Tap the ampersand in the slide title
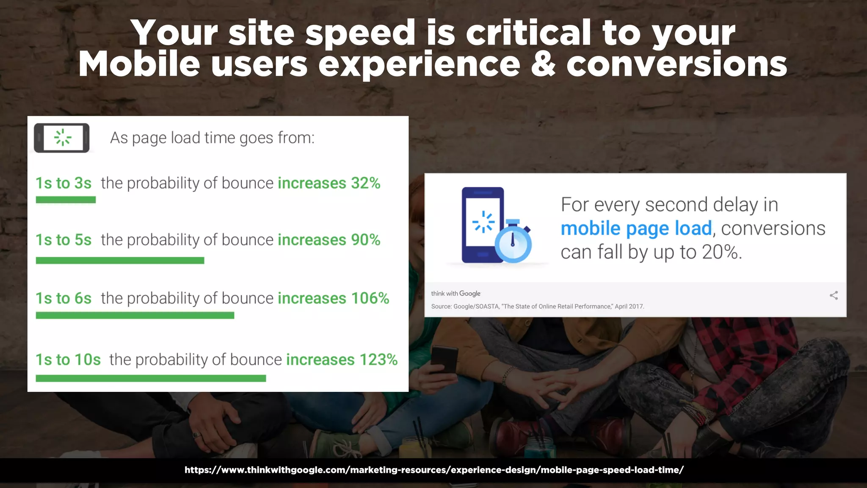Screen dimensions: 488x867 (543, 64)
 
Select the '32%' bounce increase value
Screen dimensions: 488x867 (366, 183)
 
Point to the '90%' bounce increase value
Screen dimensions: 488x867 (366, 240)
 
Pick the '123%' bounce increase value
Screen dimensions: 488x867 (378, 360)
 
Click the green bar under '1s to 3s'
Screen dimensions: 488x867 (66, 200)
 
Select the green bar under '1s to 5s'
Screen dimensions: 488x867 (120, 261)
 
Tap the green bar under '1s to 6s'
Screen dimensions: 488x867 (135, 316)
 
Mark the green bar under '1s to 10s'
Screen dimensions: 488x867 (151, 378)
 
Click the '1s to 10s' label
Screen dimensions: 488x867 (68, 360)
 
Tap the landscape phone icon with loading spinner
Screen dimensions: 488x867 (62, 138)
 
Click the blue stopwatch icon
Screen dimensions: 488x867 (513, 242)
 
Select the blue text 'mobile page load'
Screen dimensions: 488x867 (636, 229)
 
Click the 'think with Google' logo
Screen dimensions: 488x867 (456, 294)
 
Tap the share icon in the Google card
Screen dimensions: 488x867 (834, 296)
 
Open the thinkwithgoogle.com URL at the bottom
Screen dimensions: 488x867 (433, 470)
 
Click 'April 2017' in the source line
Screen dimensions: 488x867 (629, 306)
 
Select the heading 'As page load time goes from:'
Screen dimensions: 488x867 (212, 138)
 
